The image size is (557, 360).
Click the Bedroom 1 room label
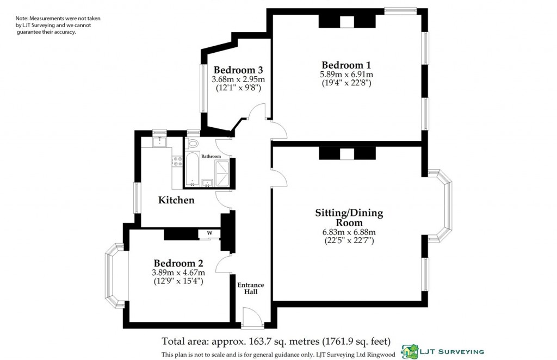coord(346,65)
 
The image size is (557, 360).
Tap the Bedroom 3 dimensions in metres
coord(238,79)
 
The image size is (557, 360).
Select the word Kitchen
coord(176,200)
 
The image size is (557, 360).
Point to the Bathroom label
coord(211,156)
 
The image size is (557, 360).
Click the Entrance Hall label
coord(250,288)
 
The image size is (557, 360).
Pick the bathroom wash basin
coord(207,182)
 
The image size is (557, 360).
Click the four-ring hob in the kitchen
coord(177,161)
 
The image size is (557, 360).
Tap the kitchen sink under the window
coord(159,142)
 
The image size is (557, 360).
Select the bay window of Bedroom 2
coord(115,275)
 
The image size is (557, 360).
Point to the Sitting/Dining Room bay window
coord(442,206)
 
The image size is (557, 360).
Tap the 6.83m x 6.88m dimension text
coord(349,232)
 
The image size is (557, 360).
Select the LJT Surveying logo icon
coord(410,351)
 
